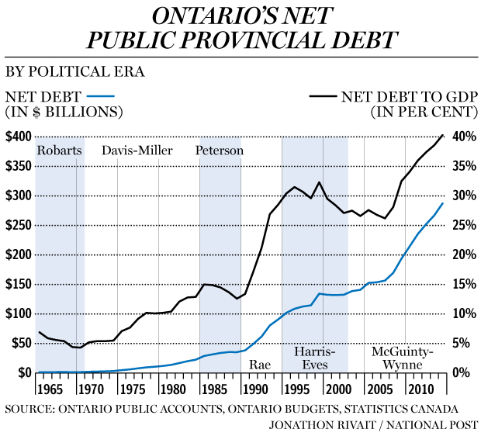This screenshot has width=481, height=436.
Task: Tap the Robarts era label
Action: pos(59,151)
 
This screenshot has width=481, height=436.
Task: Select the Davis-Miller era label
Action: pos(137,151)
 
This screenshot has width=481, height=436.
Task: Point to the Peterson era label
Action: pos(220,151)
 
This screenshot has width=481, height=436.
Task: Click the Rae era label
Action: pos(258,364)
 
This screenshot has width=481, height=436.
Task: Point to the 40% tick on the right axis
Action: pos(462,137)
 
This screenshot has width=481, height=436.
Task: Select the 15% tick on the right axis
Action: pos(462,285)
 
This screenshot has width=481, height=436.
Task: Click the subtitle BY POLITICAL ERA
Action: pos(74,72)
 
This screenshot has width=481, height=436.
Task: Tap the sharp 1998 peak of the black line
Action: pos(320,182)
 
